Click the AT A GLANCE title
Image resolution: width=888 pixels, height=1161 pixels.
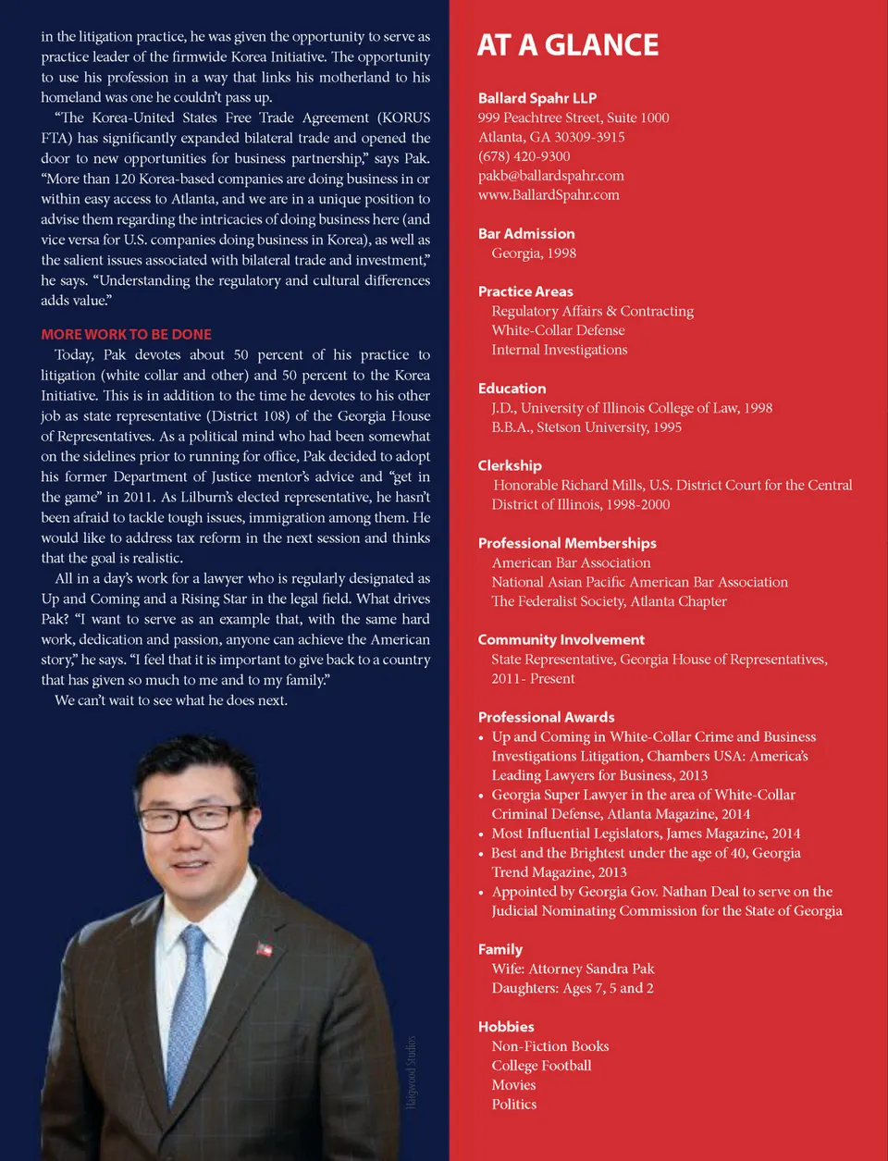[568, 45]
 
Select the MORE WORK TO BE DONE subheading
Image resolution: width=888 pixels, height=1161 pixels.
[126, 334]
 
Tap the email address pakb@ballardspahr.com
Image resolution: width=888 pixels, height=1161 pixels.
[550, 176]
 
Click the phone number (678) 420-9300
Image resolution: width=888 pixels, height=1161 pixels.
[524, 156]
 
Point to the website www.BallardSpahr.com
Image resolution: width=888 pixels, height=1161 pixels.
[549, 195]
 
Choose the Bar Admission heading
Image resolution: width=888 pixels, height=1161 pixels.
[525, 234]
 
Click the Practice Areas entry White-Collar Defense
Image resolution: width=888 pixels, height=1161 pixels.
[558, 330]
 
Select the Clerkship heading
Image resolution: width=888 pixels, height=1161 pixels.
[510, 465]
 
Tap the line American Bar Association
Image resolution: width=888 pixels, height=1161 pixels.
[571, 562]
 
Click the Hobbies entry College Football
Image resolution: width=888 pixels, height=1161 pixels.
[541, 1066]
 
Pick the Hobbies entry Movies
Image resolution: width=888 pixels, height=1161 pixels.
[513, 1085]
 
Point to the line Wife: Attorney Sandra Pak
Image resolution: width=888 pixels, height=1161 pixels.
[573, 969]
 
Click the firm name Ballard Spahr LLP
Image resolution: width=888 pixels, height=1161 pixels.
[536, 98]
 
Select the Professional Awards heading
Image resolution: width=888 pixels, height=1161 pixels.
[546, 717]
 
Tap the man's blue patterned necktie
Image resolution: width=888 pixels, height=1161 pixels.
[190, 999]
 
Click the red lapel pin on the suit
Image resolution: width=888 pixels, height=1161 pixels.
[265, 948]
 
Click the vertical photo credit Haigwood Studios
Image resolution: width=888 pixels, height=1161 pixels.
[412, 1071]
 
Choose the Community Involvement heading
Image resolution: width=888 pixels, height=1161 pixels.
[561, 639]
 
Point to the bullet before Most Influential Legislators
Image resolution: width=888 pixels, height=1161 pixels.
[481, 834]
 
